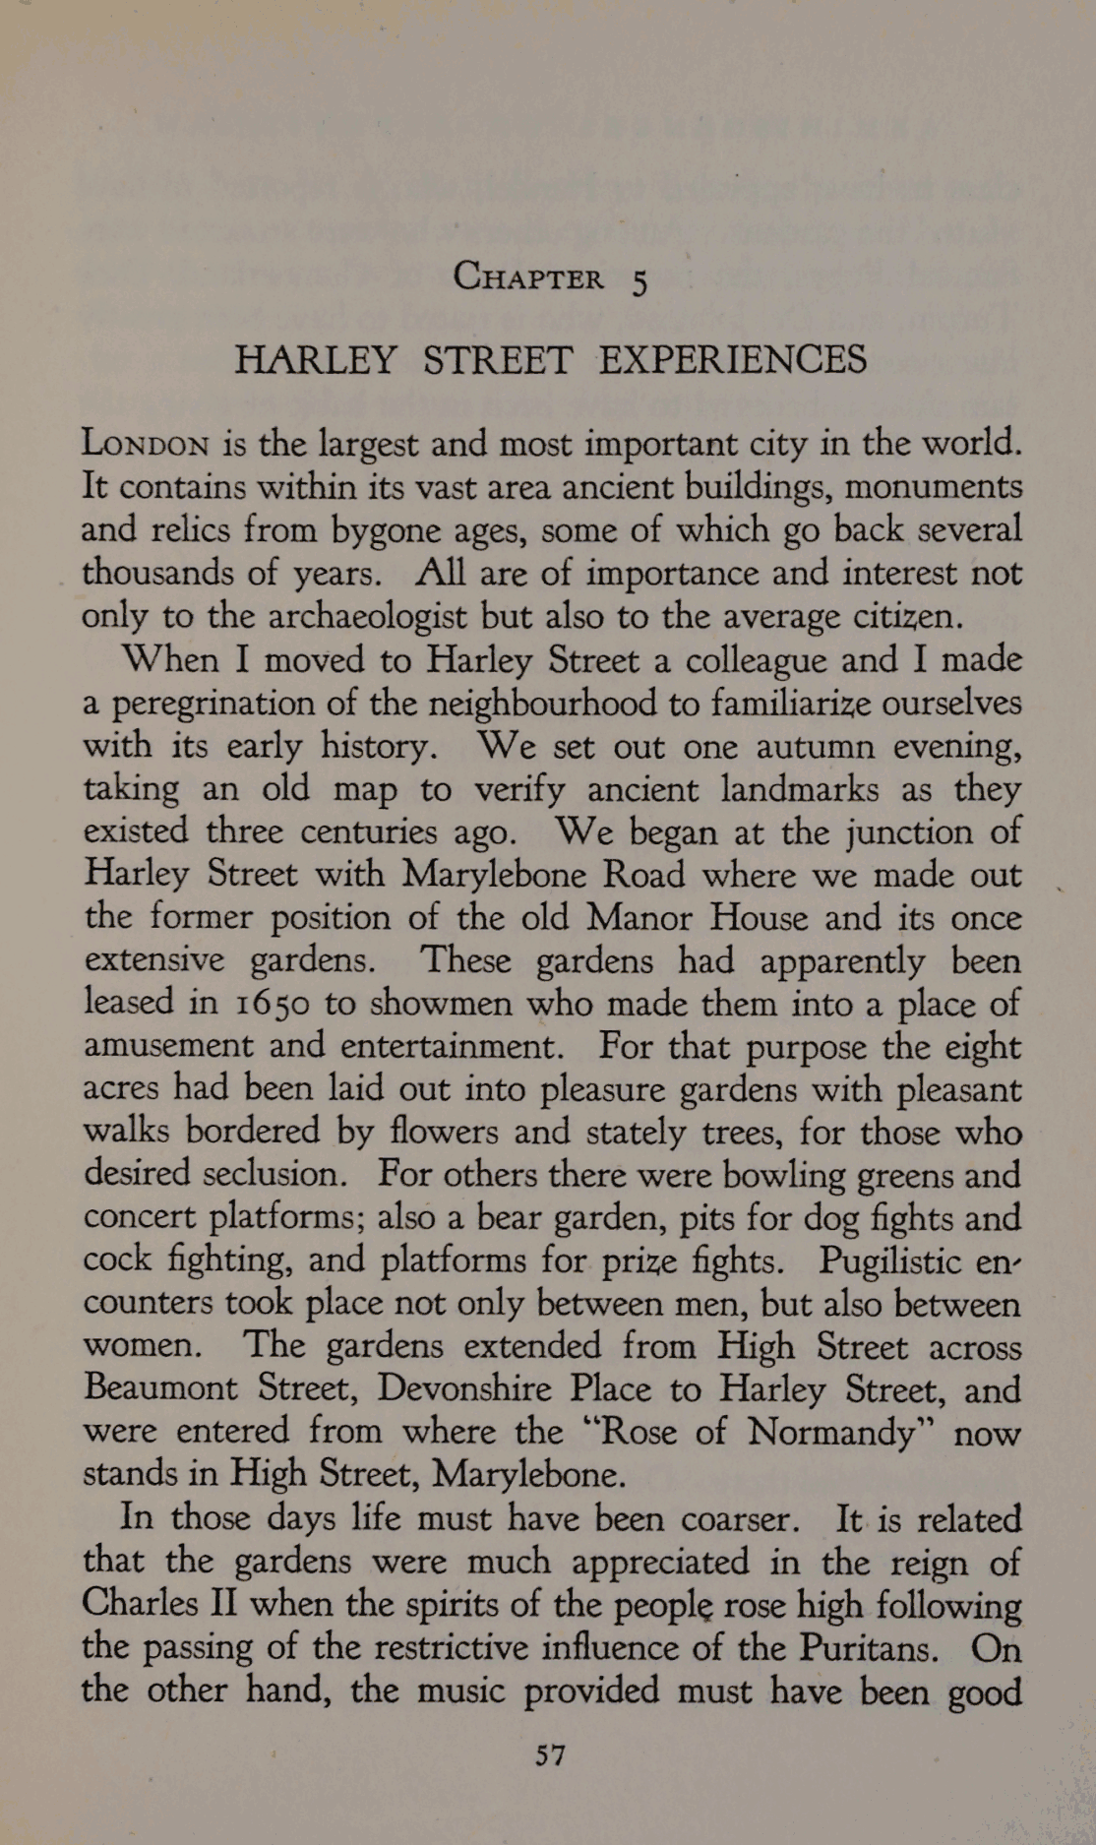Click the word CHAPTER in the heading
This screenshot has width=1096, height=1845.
click(528, 278)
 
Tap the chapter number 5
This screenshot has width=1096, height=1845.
click(639, 282)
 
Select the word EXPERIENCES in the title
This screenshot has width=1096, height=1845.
click(732, 360)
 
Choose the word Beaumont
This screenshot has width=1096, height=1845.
click(161, 1388)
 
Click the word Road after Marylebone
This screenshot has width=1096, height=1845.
click(643, 875)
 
